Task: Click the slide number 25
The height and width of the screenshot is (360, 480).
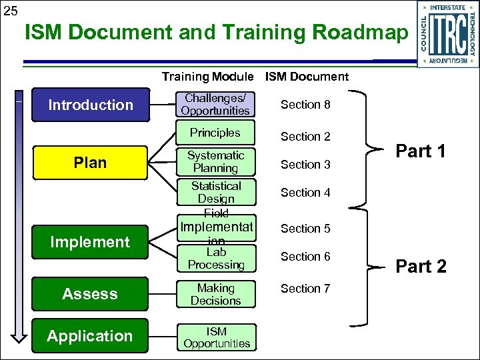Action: point(10,10)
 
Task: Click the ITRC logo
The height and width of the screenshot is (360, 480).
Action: point(447,33)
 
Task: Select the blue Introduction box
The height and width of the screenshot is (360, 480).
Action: point(91,105)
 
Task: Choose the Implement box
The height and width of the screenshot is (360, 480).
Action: point(91,242)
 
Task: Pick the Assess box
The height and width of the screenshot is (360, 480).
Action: point(91,294)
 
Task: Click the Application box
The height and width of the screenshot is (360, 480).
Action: point(91,336)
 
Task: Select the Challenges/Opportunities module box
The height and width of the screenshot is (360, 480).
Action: point(215,105)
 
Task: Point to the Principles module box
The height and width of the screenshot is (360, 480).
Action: point(215,133)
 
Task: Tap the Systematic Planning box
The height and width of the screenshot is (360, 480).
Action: point(215,162)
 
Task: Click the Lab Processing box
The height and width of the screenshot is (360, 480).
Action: point(215,259)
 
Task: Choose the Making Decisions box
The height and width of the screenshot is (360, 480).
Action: point(215,294)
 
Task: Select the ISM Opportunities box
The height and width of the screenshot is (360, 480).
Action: point(217,337)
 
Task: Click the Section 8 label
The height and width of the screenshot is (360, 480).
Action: point(305,105)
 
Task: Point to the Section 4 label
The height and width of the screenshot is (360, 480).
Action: point(305,193)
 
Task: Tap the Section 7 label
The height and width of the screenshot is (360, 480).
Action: point(305,289)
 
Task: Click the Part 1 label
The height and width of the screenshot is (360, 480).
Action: point(421,151)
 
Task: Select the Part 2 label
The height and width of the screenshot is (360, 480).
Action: point(421,267)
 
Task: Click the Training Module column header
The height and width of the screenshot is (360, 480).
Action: point(207,77)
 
